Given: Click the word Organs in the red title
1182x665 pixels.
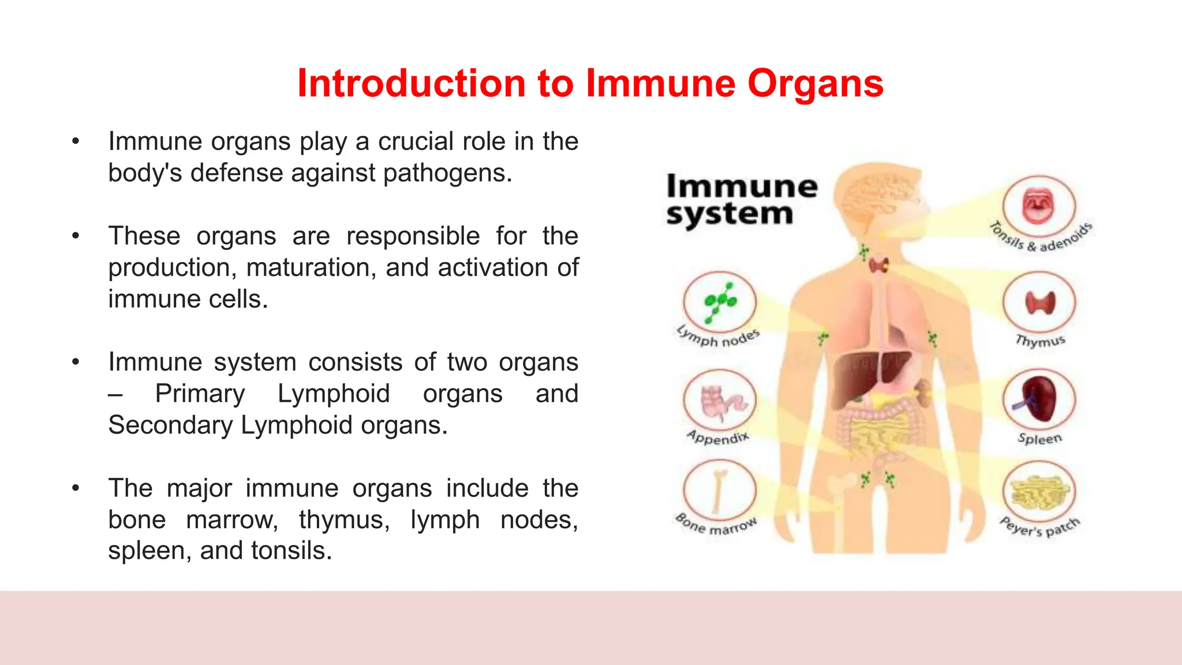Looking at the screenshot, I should pos(815,84).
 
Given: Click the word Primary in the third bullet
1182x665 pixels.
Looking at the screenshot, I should pos(200,394).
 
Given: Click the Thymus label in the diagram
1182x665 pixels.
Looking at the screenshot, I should pos(1040,341).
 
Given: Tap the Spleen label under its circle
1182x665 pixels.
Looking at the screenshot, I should pos(1039,439).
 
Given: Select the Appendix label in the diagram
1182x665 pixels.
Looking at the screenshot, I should pos(718,438).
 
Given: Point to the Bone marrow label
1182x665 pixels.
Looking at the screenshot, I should pos(716,525).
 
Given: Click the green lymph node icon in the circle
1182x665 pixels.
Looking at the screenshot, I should pos(719,301).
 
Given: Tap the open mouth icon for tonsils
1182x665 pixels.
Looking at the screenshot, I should pos(1039,206).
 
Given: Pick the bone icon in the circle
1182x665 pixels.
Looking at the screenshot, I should pos(719,491).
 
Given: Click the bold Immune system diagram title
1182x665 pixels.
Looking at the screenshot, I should pos(741,200).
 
